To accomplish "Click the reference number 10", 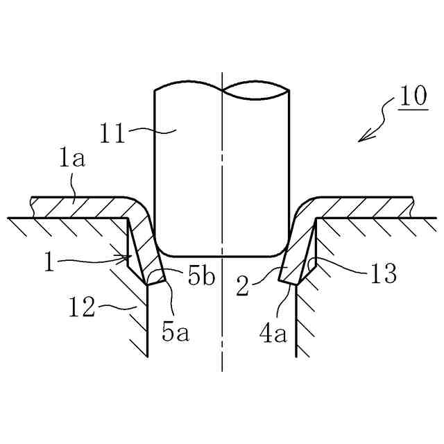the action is [413, 96].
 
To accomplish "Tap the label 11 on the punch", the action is [112, 132].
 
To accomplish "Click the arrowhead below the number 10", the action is [361, 139].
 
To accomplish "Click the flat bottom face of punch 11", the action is [222, 254].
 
